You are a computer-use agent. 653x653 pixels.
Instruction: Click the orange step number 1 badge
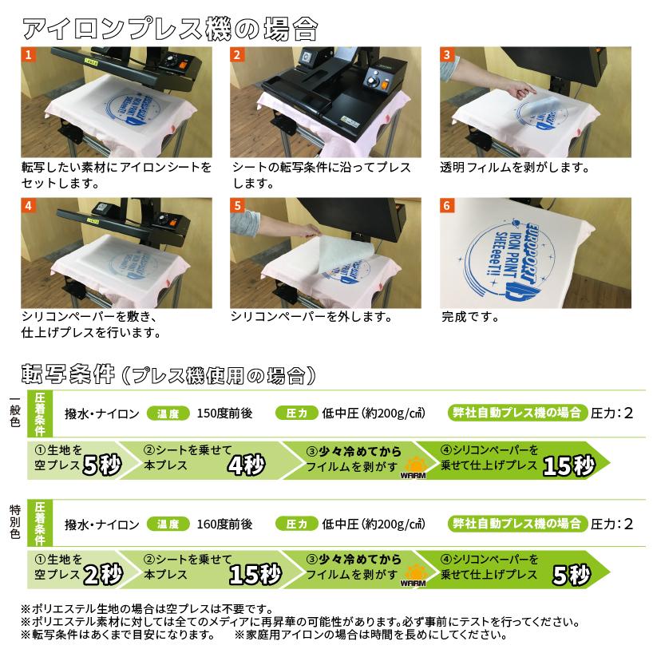tap(30, 55)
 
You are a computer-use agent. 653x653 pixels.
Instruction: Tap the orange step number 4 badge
tap(30, 205)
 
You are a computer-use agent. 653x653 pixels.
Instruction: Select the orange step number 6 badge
tap(448, 205)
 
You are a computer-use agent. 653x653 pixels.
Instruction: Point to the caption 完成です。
tap(470, 317)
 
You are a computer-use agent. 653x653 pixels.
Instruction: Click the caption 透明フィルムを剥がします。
tap(514, 168)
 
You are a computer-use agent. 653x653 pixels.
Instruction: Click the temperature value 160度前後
tap(224, 524)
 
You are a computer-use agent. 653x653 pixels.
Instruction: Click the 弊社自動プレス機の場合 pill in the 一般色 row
tap(516, 414)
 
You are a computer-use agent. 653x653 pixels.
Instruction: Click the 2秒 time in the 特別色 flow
tap(102, 574)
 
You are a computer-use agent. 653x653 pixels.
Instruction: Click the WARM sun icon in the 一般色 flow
tap(414, 467)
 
